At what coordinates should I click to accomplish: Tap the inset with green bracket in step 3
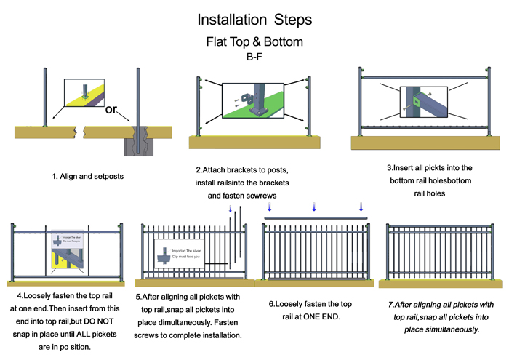tap(417, 102)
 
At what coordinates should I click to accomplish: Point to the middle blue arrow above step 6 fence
tap(314, 208)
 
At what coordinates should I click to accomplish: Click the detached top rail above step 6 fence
tap(314, 217)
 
